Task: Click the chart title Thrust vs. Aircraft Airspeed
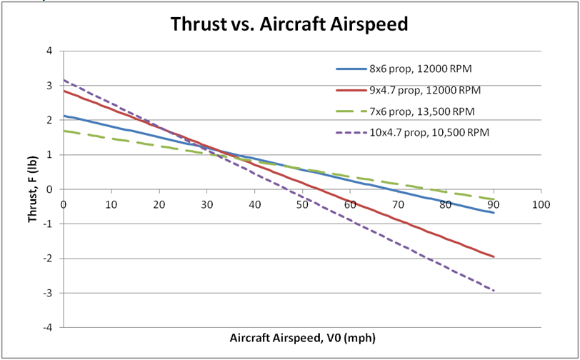pyautogui.click(x=289, y=24)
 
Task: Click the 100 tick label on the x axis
pyautogui.click(x=541, y=204)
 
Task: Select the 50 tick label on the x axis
pyautogui.click(x=302, y=204)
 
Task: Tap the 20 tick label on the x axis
pyautogui.click(x=159, y=204)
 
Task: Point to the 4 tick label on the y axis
pyautogui.click(x=49, y=51)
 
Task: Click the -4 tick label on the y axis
pyautogui.click(x=48, y=327)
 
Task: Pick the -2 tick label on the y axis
pyautogui.click(x=48, y=259)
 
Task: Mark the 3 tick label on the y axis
pyautogui.click(x=49, y=86)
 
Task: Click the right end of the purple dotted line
pyautogui.click(x=494, y=291)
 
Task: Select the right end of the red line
pyautogui.click(x=494, y=256)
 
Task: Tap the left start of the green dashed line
pyautogui.click(x=64, y=131)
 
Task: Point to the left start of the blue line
pyautogui.click(x=64, y=116)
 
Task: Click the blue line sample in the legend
pyautogui.click(x=350, y=69)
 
